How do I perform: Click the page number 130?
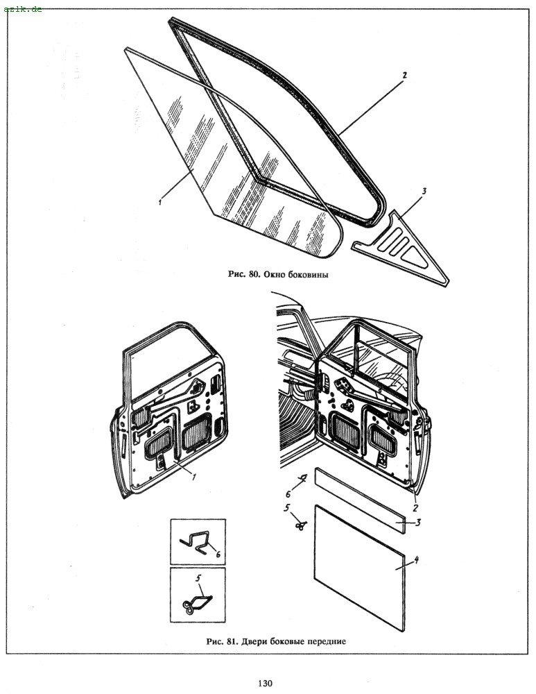[x=265, y=683]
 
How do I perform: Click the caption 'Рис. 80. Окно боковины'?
[x=278, y=274]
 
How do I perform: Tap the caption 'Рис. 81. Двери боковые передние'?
[x=276, y=641]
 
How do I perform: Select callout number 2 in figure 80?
[x=404, y=75]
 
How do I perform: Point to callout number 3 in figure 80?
[x=424, y=192]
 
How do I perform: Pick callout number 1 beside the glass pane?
[x=159, y=201]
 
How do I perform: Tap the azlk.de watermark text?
[x=23, y=9]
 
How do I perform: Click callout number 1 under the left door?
[x=193, y=476]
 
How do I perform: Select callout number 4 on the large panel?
[x=416, y=560]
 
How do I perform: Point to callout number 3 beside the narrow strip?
[x=418, y=523]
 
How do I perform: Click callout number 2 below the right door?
[x=415, y=509]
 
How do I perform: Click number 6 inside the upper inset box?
[x=218, y=554]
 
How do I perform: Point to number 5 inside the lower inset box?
[x=198, y=577]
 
